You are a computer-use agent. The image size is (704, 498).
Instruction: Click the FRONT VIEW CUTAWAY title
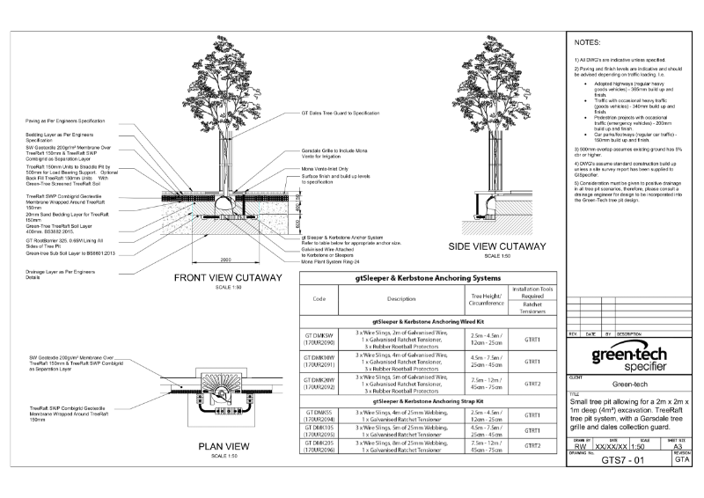pos(228,278)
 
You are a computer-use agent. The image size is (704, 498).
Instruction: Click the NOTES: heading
pos(586,41)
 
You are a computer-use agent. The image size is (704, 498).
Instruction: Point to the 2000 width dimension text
pos(226,260)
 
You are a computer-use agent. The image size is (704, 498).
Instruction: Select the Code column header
pos(319,299)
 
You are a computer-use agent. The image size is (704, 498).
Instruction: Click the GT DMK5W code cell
pos(319,338)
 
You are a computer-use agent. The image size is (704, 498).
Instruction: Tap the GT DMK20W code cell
pos(319,384)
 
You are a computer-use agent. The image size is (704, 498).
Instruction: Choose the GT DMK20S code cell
pos(319,449)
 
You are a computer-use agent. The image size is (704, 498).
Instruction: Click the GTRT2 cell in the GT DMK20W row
pos(532,384)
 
